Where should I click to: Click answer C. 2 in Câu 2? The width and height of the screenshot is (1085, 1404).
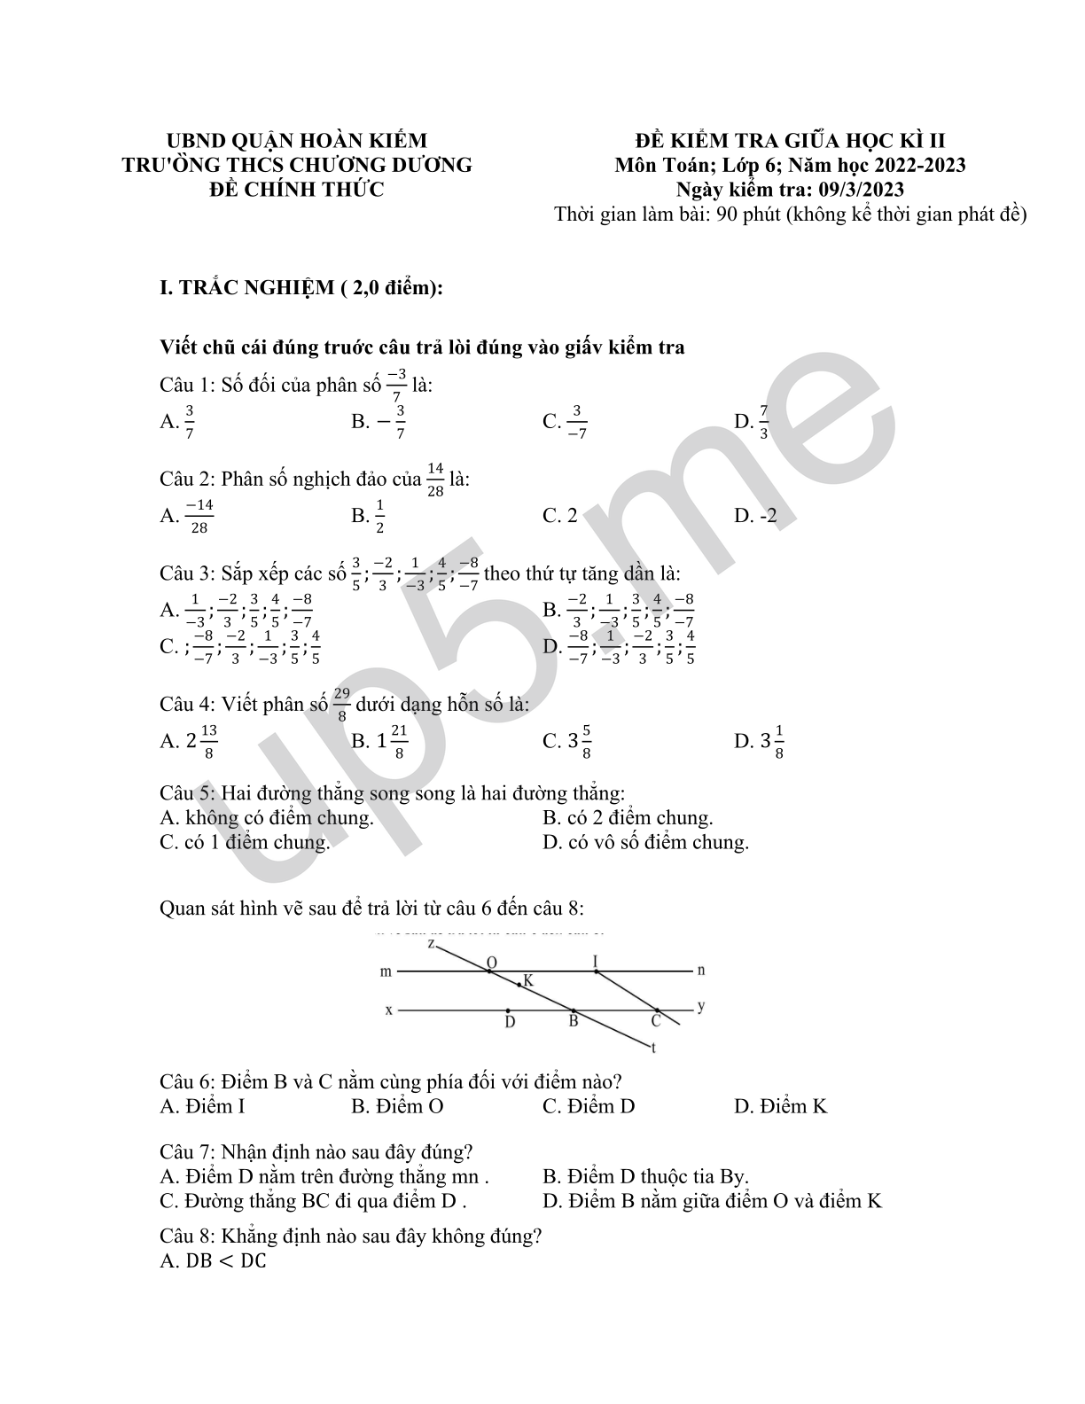[560, 515]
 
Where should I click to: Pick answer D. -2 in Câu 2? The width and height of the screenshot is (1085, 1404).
[755, 515]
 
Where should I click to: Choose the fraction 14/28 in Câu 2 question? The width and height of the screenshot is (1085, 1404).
[434, 479]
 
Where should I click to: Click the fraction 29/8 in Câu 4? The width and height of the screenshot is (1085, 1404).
[343, 705]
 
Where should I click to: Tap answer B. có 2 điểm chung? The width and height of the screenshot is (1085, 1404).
[628, 817]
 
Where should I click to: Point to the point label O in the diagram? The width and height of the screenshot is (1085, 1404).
[491, 963]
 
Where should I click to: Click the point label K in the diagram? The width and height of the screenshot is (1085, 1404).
[528, 980]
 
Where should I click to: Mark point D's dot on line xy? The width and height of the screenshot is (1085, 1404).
[508, 1010]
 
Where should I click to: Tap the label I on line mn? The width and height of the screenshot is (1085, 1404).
[596, 961]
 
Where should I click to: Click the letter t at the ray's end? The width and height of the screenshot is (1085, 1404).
[653, 1049]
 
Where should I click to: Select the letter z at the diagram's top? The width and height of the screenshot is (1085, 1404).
[431, 943]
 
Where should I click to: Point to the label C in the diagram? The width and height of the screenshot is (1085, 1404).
[656, 1021]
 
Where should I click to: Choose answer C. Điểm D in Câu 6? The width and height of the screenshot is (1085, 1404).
[589, 1106]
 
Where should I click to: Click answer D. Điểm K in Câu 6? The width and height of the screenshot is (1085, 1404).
[780, 1106]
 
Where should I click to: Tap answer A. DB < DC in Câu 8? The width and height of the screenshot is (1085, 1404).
[213, 1260]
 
